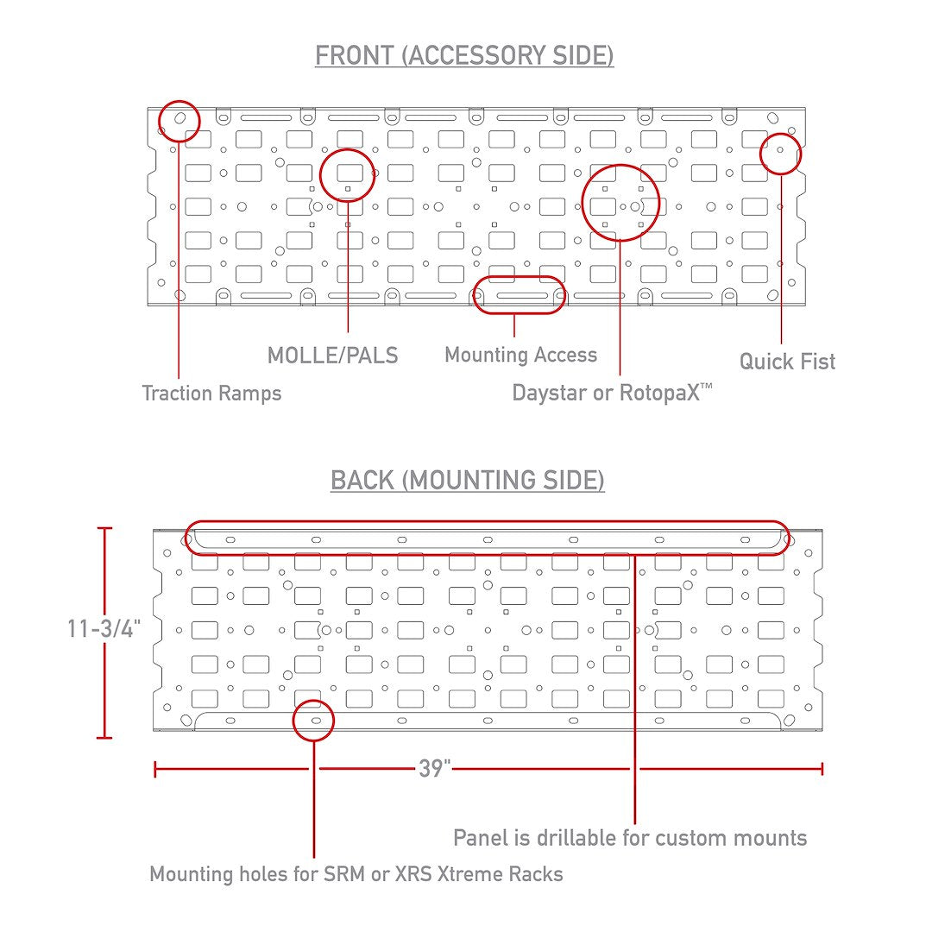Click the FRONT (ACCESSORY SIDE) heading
point(464,56)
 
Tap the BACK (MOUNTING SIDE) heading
point(467,481)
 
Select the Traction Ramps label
point(211,393)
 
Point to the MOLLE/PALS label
point(333,356)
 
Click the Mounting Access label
point(520,355)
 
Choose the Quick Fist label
point(787,362)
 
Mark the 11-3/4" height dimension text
point(104,628)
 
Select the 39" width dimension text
point(434,769)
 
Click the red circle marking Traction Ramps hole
point(179,122)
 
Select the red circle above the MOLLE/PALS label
point(347,174)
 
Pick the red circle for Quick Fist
point(780,154)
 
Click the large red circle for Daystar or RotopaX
point(620,204)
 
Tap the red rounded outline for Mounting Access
point(519,295)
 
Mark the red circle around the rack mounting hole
point(314,721)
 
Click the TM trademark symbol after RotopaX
point(706,386)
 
